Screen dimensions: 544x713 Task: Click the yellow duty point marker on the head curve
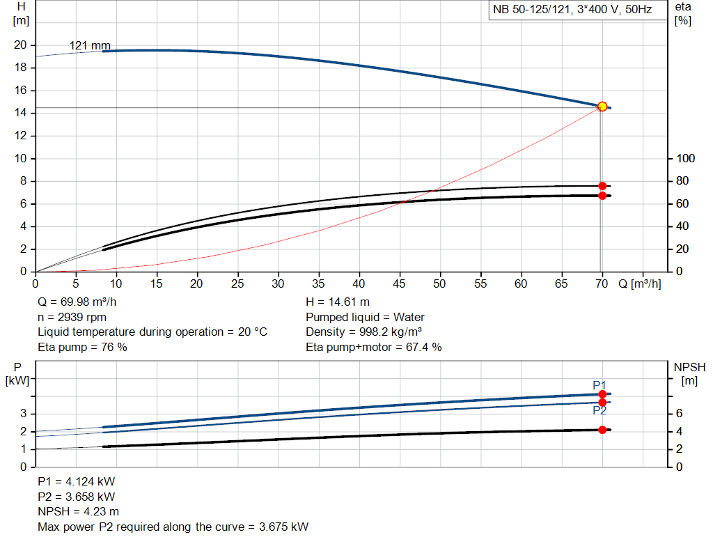point(602,107)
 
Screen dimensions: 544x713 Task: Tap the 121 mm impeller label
point(90,46)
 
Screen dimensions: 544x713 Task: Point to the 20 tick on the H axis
point(20,45)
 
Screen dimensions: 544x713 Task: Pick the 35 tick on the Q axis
point(319,283)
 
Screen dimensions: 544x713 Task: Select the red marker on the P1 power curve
point(602,394)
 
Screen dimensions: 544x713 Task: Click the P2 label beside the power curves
point(600,411)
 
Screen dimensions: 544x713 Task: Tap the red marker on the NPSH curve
point(602,430)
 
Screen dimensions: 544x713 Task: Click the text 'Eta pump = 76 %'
point(82,347)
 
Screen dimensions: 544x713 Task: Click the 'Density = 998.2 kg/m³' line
point(364,332)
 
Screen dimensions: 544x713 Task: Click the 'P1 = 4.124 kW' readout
point(76,482)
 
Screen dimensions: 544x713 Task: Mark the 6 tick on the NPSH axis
point(679,414)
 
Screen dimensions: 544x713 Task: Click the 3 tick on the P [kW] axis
point(24,414)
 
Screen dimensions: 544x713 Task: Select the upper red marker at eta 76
point(602,186)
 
